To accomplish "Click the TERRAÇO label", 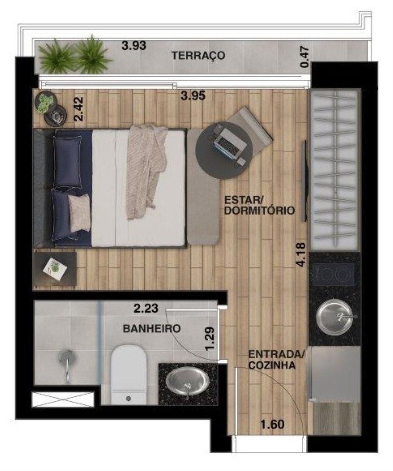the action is pos(198,56).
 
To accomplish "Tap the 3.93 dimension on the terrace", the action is pos(134,45).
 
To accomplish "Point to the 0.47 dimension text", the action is pos(305,57).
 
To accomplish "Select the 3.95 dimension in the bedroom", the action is pos(193,96).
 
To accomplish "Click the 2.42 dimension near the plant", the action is pos(79,109).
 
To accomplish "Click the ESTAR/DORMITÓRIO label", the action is pos(260,205).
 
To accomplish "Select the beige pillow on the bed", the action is pos(79,213).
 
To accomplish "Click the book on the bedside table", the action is pos(55,269).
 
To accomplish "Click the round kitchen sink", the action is pos(334,316).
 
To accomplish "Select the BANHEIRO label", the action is pos(152,329).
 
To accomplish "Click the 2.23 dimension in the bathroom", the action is pos(146,308).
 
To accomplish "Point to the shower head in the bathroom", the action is pos(67,358).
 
